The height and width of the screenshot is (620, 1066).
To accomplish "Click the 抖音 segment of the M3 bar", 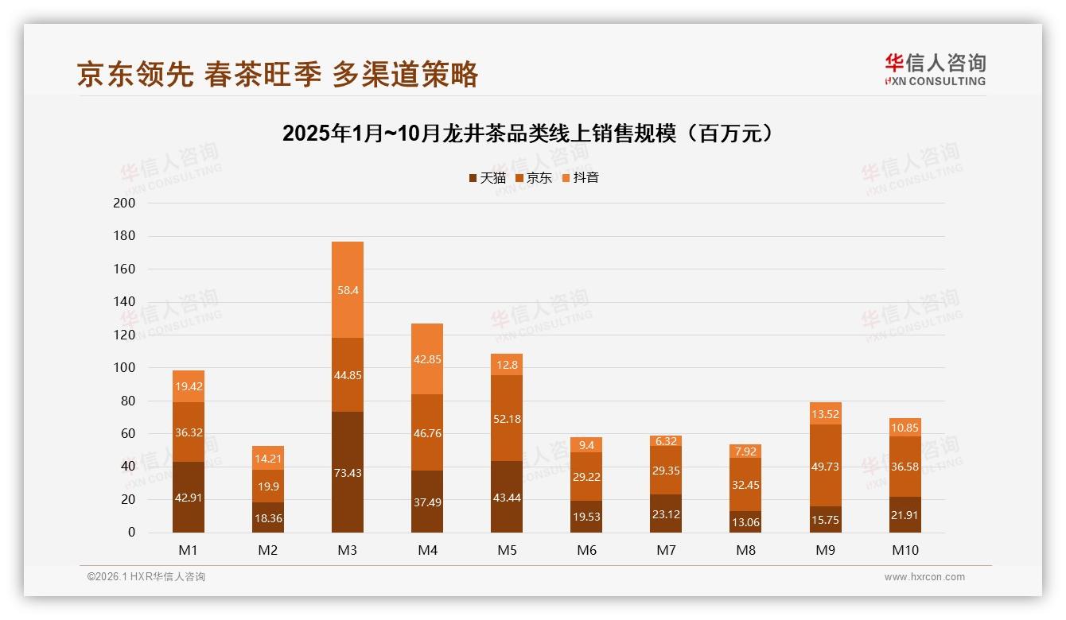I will point(348,290).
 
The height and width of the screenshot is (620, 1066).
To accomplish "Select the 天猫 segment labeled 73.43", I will point(348,472).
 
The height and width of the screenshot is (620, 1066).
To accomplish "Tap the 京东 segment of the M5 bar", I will point(507,418).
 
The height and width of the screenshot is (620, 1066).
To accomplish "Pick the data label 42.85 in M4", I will point(427,359).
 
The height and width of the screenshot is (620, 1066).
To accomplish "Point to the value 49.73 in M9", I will point(826,466).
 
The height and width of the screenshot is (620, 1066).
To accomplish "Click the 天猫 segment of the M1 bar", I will point(189,497).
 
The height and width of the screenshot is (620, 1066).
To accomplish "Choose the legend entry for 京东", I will point(534,178).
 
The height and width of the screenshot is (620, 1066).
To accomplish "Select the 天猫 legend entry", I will point(488,178).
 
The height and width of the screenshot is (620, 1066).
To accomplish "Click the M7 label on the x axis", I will point(666,550).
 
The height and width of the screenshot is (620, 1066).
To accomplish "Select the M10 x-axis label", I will point(905,550).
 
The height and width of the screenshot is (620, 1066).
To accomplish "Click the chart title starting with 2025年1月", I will point(527,134).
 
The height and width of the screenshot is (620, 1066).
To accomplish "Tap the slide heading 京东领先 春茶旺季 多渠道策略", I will point(278,74).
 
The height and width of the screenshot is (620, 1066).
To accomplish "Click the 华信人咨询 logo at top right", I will point(935,69).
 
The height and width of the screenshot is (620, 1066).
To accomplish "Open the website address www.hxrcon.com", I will point(924,577).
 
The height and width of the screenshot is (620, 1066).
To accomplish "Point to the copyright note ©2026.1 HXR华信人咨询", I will point(146,577).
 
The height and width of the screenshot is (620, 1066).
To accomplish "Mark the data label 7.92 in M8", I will point(746,451).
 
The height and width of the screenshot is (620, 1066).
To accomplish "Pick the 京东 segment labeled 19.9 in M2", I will point(268,486).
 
